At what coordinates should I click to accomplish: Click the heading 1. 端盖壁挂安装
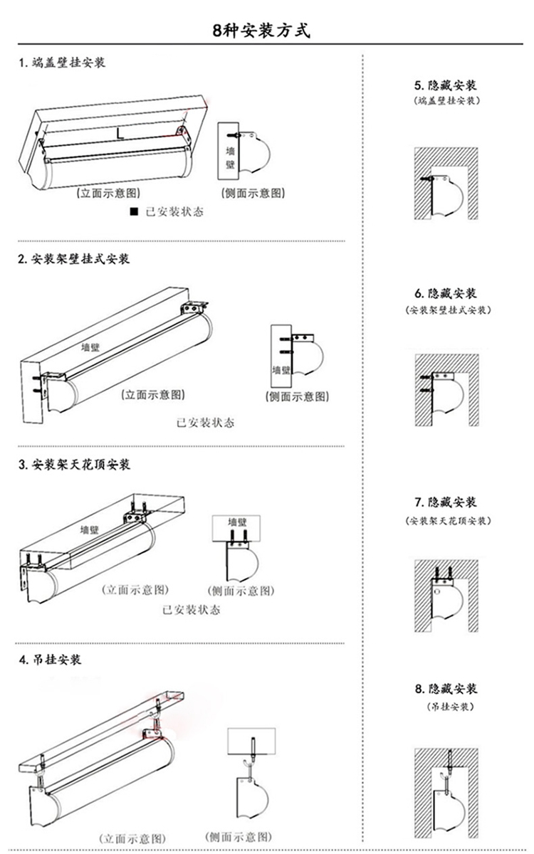[62, 63]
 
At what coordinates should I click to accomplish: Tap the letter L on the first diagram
[120, 132]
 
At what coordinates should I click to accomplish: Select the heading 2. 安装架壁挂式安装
[74, 259]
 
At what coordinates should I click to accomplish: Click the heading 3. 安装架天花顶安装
[74, 465]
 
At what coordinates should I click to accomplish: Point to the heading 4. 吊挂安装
[50, 659]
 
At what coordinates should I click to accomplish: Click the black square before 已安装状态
[132, 212]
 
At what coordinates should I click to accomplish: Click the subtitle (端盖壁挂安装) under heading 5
[446, 101]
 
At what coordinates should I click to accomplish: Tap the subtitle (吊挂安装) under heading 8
[446, 707]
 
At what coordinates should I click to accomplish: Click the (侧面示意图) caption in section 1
[253, 194]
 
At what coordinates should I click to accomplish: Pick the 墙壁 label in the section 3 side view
[237, 522]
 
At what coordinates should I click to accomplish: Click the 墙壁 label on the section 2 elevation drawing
[90, 348]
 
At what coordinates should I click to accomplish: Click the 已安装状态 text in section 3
[192, 610]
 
